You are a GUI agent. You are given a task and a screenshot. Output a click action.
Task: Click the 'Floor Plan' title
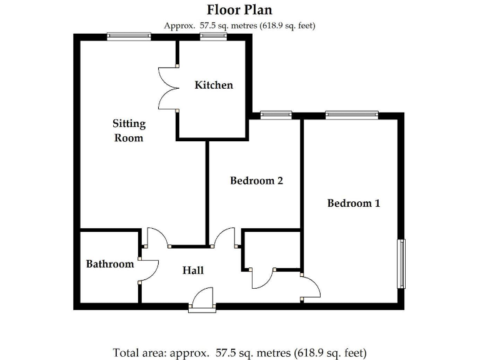pyautogui.click(x=239, y=10)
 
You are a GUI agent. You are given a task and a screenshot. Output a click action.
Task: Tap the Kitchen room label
pyautogui.click(x=214, y=85)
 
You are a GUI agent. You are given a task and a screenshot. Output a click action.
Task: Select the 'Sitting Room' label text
pyautogui.click(x=129, y=131)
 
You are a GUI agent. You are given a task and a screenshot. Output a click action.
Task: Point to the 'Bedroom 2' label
pyautogui.click(x=256, y=181)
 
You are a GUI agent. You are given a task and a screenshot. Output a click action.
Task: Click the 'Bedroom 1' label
pyautogui.click(x=353, y=203)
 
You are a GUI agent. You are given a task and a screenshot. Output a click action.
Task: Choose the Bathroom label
pyautogui.click(x=110, y=264)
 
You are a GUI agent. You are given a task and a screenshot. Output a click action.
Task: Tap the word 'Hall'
pyautogui.click(x=193, y=270)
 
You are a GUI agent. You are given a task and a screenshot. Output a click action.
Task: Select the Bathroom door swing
pyautogui.click(x=147, y=269)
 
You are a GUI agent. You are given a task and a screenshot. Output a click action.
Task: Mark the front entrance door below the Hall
pyautogui.click(x=202, y=300)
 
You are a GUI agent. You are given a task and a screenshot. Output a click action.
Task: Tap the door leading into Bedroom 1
pyautogui.click(x=310, y=287)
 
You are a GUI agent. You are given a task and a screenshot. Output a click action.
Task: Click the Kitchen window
pyautogui.click(x=213, y=37)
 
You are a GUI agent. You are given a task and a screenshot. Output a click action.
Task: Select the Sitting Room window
pyautogui.click(x=129, y=37)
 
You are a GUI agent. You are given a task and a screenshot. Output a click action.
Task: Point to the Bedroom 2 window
pyautogui.click(x=276, y=114)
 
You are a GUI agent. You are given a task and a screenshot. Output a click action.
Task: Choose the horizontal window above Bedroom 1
pyautogui.click(x=351, y=114)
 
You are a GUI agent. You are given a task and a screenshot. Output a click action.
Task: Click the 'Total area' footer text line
pyautogui.click(x=239, y=352)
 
